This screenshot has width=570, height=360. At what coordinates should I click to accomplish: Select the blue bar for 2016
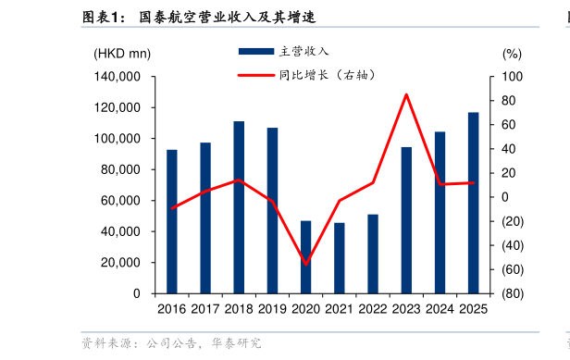point(172,221)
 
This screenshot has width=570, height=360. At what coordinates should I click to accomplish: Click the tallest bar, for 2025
point(473,203)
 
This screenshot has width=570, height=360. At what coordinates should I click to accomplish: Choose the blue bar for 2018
point(239,207)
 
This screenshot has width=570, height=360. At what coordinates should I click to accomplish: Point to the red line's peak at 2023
point(406,93)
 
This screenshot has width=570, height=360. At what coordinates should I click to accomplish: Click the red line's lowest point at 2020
point(306,265)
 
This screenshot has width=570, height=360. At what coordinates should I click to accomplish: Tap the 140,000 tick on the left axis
point(118,77)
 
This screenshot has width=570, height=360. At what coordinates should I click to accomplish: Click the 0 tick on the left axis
point(137,293)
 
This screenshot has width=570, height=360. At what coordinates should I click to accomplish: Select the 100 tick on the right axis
point(511,77)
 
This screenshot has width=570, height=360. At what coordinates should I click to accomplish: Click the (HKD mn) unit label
point(122,54)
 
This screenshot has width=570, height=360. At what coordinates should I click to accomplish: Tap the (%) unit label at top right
point(512,54)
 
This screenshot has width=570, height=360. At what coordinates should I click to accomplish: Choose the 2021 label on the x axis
point(340,309)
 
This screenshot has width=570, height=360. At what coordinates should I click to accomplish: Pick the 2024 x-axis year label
point(440,309)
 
